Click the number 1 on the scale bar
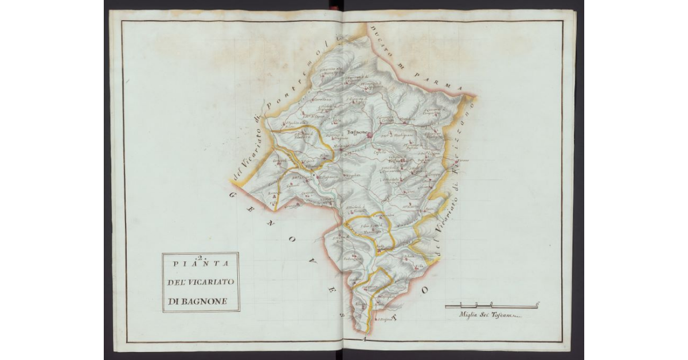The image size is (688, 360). [462, 303]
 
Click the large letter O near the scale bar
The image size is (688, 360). [425, 291]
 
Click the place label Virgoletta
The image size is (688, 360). [354, 175]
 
